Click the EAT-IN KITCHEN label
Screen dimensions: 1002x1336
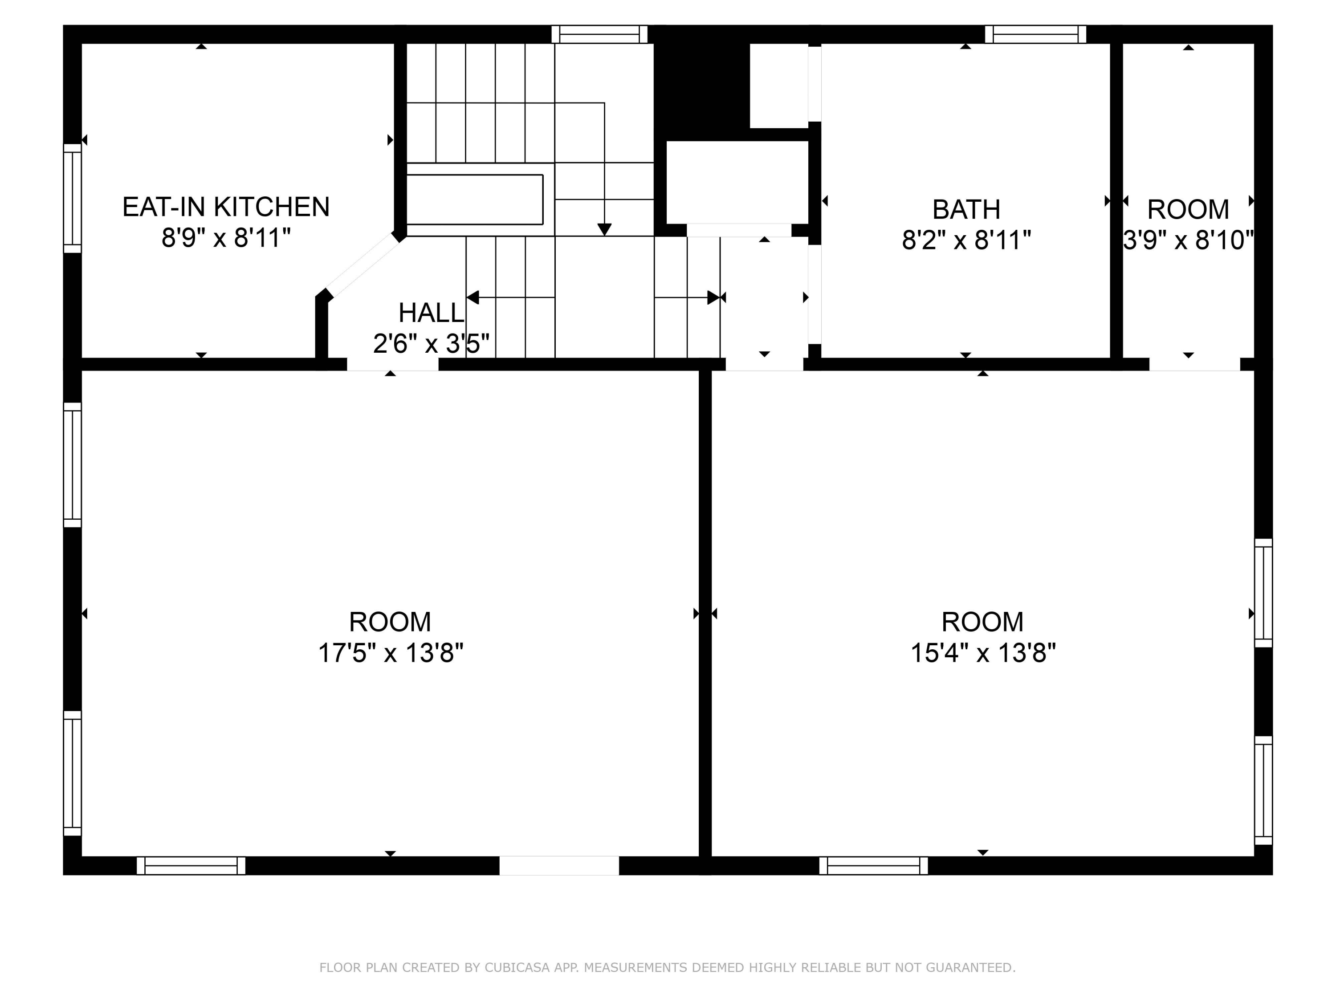click(226, 207)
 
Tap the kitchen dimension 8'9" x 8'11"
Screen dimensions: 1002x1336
click(226, 238)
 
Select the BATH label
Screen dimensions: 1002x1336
click(966, 210)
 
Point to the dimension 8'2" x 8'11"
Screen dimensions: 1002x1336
click(966, 240)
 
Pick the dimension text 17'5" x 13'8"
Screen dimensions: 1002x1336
click(390, 653)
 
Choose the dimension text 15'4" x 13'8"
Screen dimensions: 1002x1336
click(983, 653)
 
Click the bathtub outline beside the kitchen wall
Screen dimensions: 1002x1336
click(475, 200)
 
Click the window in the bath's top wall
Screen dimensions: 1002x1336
click(1035, 34)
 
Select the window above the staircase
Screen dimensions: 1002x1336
click(599, 34)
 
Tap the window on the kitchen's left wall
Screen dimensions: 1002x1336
click(73, 198)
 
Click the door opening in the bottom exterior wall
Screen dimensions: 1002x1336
click(559, 865)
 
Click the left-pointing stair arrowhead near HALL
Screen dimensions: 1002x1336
click(473, 297)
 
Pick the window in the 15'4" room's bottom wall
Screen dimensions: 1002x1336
click(873, 865)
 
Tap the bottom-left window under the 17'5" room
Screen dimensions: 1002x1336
click(191, 865)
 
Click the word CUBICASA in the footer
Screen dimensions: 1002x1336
click(517, 968)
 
